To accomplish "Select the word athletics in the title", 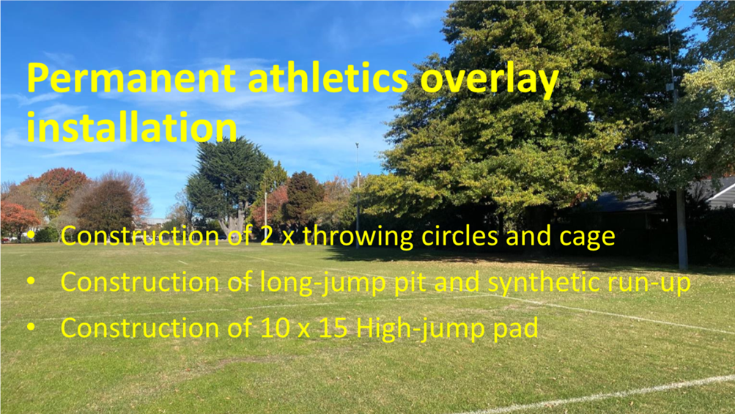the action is (x=328, y=78).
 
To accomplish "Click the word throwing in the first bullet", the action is (x=358, y=236).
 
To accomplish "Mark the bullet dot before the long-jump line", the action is (x=31, y=281).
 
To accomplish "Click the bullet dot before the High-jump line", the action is (x=31, y=327).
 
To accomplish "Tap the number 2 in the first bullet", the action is (x=267, y=236).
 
